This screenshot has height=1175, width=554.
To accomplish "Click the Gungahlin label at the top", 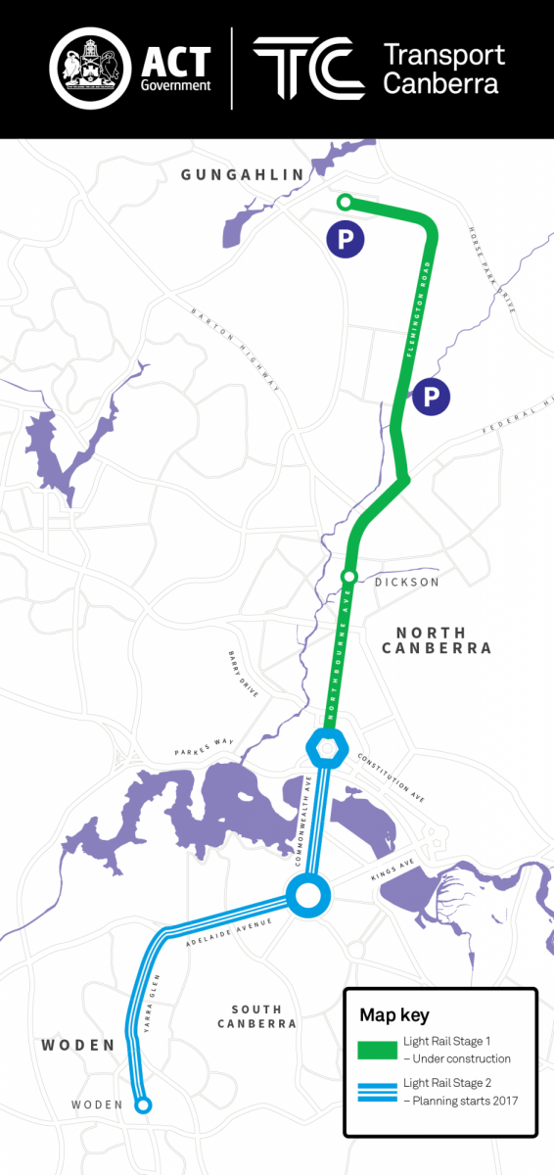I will pos(243,174).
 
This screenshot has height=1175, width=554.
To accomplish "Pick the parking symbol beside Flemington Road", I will pos(431,397).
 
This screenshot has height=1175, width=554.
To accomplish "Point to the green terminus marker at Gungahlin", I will pos(344,202).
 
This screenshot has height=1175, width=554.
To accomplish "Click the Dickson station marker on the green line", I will pos(348,576).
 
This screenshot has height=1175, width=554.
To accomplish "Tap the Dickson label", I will pos(406,583).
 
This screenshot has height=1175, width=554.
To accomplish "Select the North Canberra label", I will pos(437,640).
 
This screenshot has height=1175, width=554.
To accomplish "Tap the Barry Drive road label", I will pos(244,675).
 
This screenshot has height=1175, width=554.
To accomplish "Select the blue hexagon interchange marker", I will pos(327,747).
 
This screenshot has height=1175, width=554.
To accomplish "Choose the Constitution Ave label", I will pos(392,778).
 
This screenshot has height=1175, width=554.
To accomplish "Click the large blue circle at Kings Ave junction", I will pos(308,893).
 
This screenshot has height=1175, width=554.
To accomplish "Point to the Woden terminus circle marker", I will pos(143,1105).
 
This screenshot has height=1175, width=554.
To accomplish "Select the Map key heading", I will pos(394,1014).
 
